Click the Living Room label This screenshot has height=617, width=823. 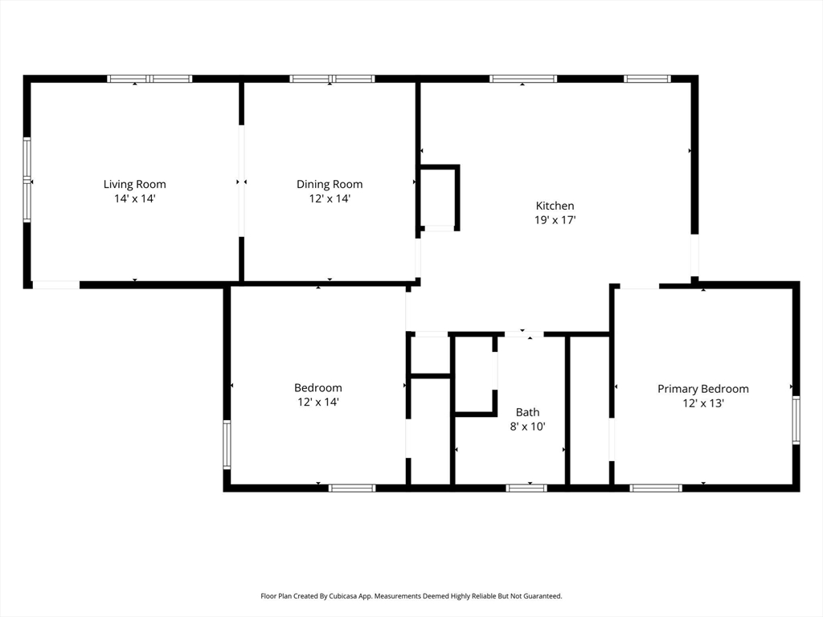(x=134, y=184)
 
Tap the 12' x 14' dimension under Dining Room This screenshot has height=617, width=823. (x=330, y=198)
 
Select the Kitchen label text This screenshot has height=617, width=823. (x=555, y=206)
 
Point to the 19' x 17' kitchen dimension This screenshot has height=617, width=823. (x=555, y=219)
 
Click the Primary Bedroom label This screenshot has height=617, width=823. (x=702, y=389)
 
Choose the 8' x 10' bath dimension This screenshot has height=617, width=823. (x=527, y=427)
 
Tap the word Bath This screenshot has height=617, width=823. (x=527, y=412)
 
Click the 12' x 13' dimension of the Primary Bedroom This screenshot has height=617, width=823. (x=702, y=403)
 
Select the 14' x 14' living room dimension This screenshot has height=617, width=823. (x=134, y=198)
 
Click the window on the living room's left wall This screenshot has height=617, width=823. (x=27, y=180)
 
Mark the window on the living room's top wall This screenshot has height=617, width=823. (x=149, y=79)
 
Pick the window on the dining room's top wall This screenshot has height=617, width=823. (x=332, y=79)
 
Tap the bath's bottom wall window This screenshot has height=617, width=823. (x=526, y=488)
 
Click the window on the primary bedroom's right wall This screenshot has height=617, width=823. (x=796, y=420)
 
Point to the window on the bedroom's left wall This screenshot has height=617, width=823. (x=227, y=444)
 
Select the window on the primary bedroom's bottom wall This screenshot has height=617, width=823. (x=656, y=488)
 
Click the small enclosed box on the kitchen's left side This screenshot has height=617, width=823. (x=439, y=198)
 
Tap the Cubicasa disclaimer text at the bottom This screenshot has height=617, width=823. (x=411, y=596)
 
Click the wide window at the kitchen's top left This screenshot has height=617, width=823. (x=522, y=79)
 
